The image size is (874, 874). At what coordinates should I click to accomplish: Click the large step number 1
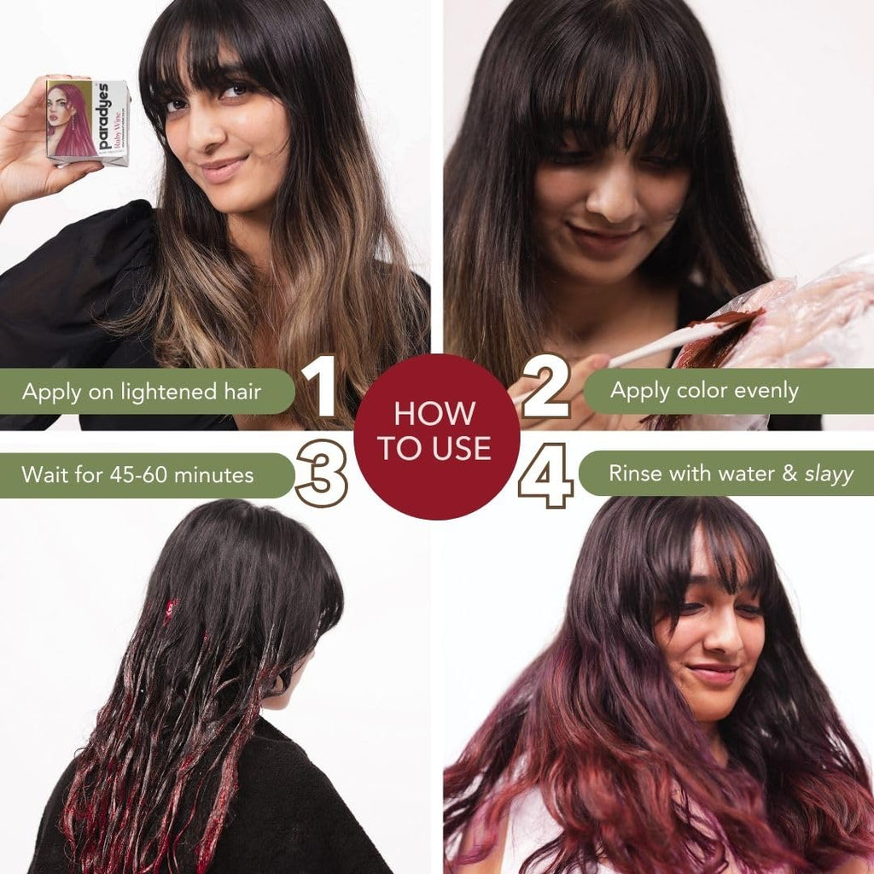point(320,386)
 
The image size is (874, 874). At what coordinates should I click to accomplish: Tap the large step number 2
point(546,386)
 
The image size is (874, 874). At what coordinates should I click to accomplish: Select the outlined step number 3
point(321,475)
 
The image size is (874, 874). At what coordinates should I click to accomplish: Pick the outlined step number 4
point(546,475)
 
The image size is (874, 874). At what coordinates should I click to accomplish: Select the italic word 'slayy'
point(829,475)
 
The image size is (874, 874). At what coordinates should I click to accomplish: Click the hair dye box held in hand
point(88,121)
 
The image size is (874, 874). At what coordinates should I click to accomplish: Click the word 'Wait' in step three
point(42,475)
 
